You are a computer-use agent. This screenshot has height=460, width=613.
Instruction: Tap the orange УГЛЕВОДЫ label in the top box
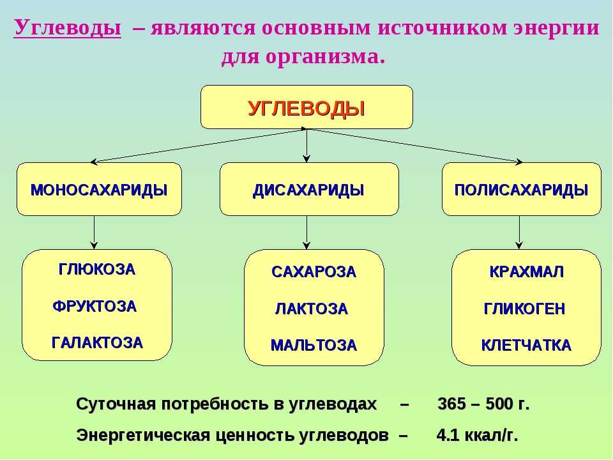point(306,109)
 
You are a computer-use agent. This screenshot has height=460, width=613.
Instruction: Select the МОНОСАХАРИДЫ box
point(99,189)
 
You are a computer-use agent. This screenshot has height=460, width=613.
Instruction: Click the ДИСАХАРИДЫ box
point(309,189)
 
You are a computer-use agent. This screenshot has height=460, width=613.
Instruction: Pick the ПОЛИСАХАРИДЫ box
point(522,189)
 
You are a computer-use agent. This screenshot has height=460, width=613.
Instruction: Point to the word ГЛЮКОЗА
point(97,270)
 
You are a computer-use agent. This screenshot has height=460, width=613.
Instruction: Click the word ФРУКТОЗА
point(95,306)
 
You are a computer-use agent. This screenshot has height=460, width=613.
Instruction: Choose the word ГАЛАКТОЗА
point(97,342)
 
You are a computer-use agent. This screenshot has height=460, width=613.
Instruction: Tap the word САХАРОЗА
point(314,272)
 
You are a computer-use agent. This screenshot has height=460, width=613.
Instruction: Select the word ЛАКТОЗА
point(312,309)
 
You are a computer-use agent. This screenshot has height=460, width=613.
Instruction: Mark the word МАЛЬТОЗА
point(314,346)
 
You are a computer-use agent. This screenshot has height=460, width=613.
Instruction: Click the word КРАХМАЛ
point(527,272)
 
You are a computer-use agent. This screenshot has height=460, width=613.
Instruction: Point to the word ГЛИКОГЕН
point(525,309)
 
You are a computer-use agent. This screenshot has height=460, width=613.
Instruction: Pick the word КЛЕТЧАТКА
point(526,346)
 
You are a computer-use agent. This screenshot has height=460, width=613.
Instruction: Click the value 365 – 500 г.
point(483,404)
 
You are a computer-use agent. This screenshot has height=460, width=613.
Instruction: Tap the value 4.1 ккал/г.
point(478,435)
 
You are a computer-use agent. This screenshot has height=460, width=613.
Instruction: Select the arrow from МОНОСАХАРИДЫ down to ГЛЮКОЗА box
point(94,233)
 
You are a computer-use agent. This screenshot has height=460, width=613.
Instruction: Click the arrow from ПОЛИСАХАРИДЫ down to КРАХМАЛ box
point(519,233)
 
